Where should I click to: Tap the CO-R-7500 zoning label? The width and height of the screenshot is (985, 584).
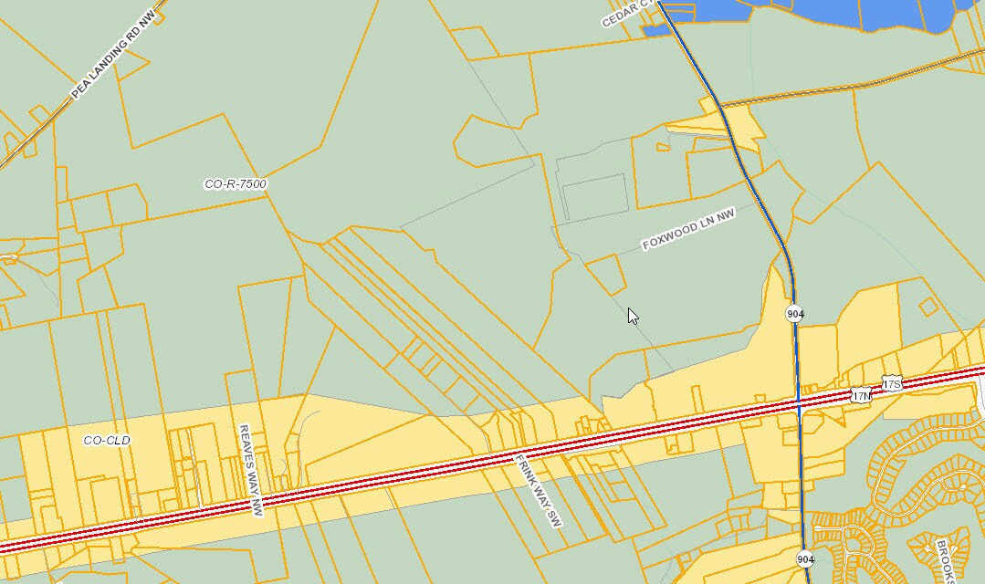click(236, 184)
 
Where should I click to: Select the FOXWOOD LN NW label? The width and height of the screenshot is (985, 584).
click(688, 232)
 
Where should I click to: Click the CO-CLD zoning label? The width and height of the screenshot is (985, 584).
click(107, 441)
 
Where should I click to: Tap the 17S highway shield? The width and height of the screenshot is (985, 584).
click(891, 382)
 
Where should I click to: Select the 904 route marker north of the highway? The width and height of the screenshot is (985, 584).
click(794, 314)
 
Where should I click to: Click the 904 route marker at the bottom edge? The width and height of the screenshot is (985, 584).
click(804, 558)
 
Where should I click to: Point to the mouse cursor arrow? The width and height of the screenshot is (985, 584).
click(632, 315)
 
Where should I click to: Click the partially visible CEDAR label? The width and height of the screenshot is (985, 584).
click(630, 14)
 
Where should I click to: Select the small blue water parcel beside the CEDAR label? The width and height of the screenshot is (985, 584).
click(657, 31)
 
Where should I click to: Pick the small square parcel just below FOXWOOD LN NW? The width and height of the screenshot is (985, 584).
click(605, 275)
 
